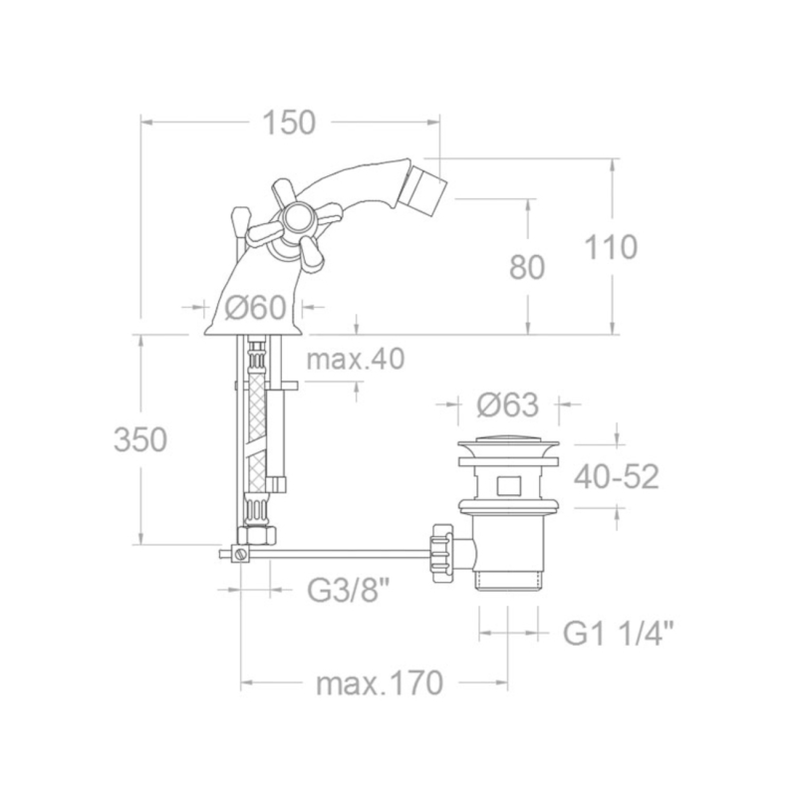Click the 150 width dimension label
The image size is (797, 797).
(289, 124)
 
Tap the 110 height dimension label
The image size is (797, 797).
(610, 247)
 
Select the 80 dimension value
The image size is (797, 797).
(527, 267)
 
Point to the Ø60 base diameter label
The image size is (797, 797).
(256, 308)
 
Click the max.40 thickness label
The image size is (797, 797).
(356, 359)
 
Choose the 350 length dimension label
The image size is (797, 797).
(140, 439)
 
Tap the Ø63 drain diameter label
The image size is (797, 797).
(508, 405)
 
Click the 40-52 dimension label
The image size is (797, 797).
(616, 477)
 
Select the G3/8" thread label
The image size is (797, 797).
(350, 590)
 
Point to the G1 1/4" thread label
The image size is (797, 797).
(619, 634)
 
